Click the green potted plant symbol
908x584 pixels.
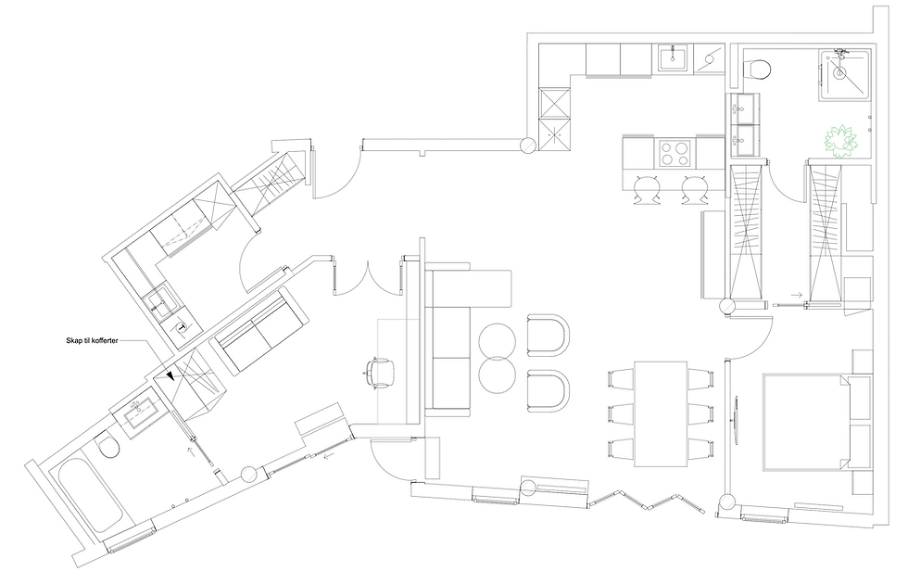[840, 141]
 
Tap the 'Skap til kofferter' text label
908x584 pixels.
[92, 341]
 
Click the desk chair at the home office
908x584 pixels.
[379, 372]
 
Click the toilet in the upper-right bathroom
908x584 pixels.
[758, 70]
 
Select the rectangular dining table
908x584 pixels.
[660, 413]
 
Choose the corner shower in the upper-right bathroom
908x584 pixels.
[844, 75]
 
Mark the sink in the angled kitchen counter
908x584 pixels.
[160, 301]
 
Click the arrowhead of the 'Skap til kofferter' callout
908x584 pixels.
[170, 376]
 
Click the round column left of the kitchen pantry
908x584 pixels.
[528, 145]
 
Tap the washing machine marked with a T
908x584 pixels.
[183, 328]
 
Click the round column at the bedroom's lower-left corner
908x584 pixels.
[726, 501]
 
